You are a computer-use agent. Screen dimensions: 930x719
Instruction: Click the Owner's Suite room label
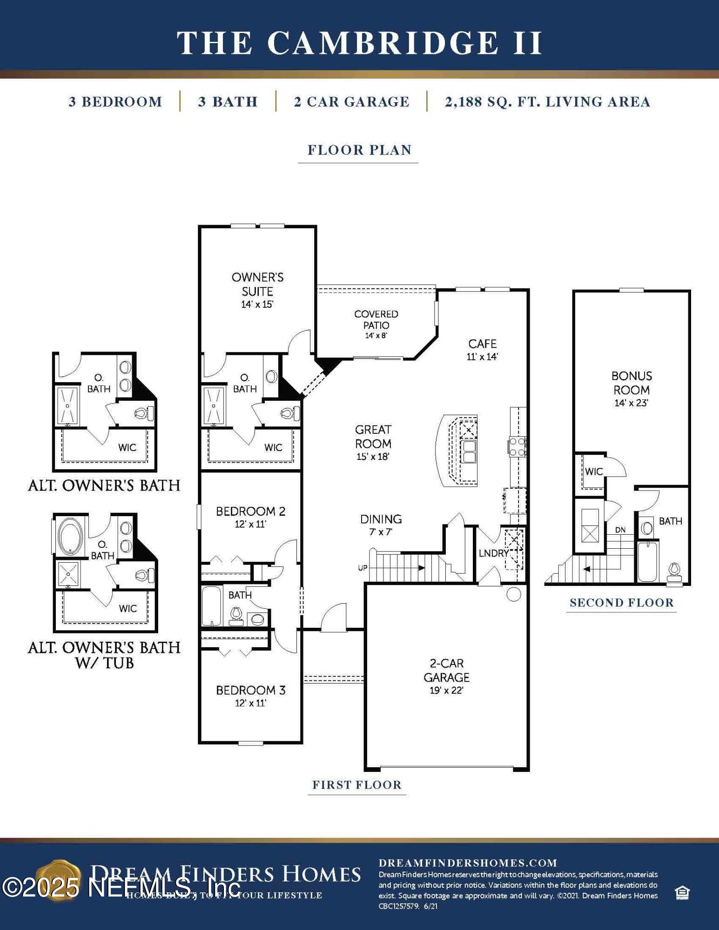point(257,284)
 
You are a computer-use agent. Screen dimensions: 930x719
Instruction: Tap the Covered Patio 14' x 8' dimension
point(376,335)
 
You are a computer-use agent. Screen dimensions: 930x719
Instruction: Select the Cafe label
point(482,344)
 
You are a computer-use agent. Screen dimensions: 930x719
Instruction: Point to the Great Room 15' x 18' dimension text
point(373,457)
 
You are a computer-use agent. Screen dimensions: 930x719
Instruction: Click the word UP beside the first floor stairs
point(363,568)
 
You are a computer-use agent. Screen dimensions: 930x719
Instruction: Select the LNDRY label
point(493,553)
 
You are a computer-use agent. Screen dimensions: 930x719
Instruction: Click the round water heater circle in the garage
point(513,594)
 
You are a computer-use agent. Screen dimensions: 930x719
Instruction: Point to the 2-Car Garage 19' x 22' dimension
point(446,691)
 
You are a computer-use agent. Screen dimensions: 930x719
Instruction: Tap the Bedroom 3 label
point(250,690)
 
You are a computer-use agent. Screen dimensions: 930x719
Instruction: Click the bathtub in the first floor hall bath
point(212,606)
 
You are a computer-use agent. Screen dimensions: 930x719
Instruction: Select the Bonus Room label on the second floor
point(632,383)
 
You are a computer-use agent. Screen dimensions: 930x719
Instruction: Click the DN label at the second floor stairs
point(620,530)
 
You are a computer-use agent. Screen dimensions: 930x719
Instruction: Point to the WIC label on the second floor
point(594,472)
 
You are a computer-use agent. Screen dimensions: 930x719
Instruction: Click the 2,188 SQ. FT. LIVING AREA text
point(547,102)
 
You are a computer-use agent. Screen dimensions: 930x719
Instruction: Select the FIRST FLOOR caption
point(357,785)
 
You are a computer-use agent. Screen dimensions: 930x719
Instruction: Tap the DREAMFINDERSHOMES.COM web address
point(468,863)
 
